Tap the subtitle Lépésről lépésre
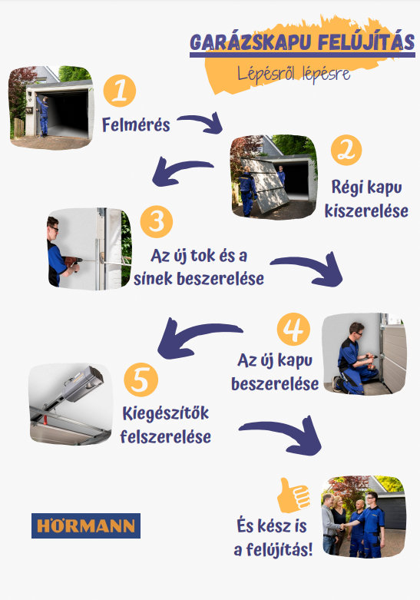(293, 73)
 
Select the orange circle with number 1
(120, 91)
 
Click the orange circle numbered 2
(346, 150)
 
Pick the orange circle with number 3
(157, 222)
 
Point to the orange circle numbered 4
(293, 329)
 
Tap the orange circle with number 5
(141, 380)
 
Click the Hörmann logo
(86, 525)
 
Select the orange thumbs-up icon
(293, 496)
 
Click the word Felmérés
(136, 125)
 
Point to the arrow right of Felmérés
(201, 122)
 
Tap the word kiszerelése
(366, 210)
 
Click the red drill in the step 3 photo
(73, 263)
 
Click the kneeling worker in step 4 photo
(355, 359)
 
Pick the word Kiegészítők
(166, 413)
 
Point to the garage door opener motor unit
(83, 384)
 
